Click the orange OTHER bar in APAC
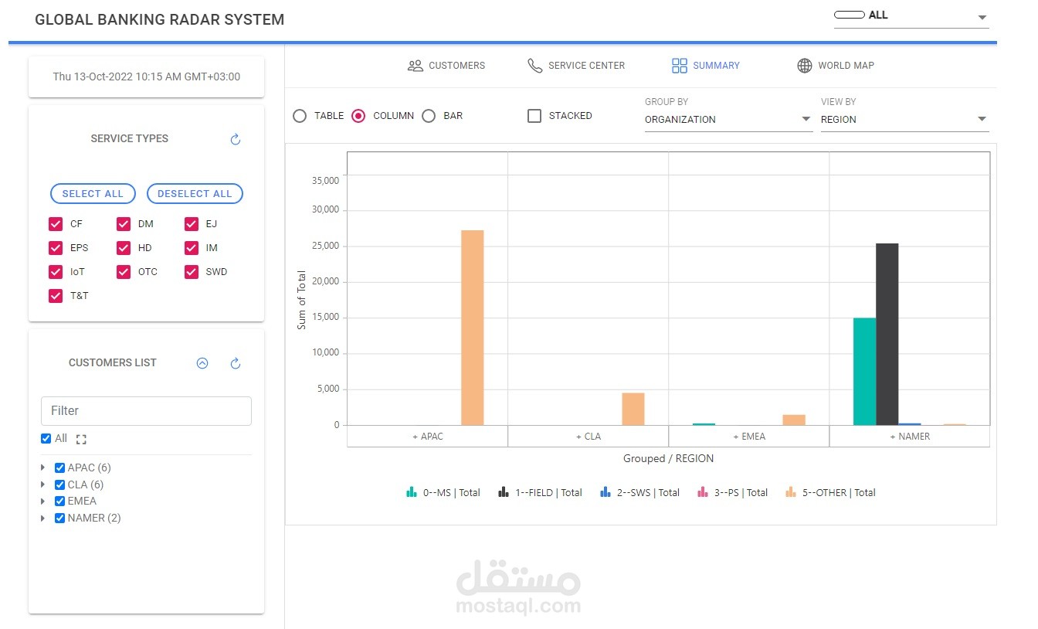(472, 328)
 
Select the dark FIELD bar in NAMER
(887, 334)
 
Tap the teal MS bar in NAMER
(864, 371)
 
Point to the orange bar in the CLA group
(633, 409)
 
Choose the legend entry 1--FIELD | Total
(540, 492)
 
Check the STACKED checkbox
(534, 116)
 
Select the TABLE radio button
(300, 116)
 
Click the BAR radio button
(429, 116)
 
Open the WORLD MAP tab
(836, 66)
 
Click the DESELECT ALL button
(195, 194)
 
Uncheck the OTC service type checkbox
(124, 272)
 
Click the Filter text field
(146, 411)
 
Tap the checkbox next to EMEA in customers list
(59, 501)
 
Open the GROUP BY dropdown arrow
(806, 119)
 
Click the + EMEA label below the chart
(748, 437)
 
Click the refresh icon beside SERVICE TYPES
(236, 139)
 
